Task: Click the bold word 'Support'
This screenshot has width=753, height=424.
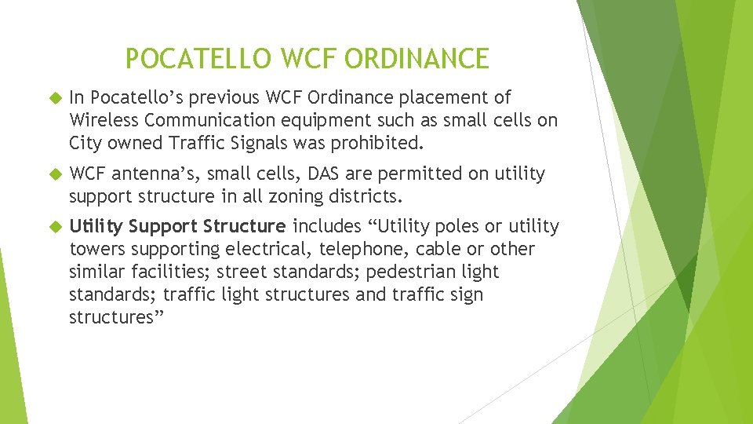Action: click(x=162, y=227)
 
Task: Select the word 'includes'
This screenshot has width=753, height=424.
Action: click(x=323, y=227)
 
